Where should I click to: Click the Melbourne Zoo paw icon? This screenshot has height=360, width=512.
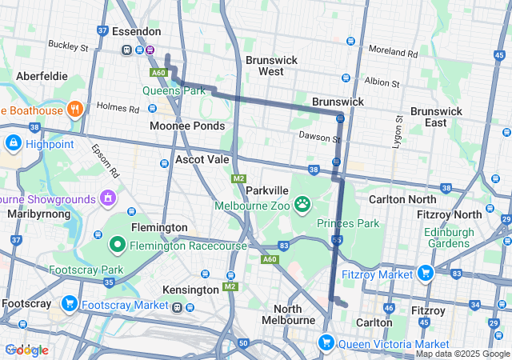(x=302, y=205)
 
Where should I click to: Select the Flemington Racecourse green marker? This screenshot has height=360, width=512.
(x=117, y=242)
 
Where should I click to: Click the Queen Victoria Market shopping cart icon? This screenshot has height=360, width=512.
(x=326, y=343)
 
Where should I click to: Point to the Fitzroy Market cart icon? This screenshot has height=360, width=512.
(x=424, y=274)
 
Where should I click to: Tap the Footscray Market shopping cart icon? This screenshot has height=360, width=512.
(x=70, y=304)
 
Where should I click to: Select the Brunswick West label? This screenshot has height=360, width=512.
(x=271, y=66)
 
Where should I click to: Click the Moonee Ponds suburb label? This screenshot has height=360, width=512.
(x=187, y=126)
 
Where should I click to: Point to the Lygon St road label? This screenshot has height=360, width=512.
(x=398, y=131)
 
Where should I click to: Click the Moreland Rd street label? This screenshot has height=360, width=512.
(x=394, y=54)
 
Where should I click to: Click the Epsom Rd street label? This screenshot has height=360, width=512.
(x=104, y=160)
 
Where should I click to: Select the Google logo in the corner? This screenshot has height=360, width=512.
(x=26, y=350)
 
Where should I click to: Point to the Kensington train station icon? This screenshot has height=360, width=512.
(x=178, y=306)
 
